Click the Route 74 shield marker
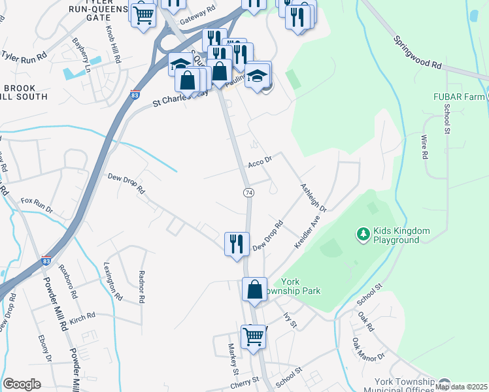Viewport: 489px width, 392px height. click(x=248, y=193)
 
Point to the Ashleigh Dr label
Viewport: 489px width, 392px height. click(x=312, y=197)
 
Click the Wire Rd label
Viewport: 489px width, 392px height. click(x=424, y=148)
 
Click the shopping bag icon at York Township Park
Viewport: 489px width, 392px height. click(x=254, y=289)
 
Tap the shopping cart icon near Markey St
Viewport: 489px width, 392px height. click(x=253, y=336)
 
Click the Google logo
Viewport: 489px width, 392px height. click(x=22, y=384)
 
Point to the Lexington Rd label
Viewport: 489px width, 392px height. click(x=112, y=281)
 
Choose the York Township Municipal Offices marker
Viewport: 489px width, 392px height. click(x=445, y=384)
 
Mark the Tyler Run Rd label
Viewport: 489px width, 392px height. click(x=24, y=55)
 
